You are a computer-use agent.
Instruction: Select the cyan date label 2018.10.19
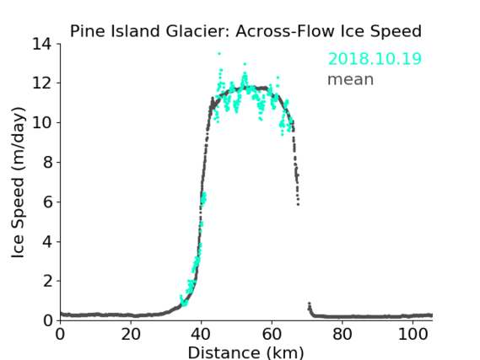[x=375, y=59]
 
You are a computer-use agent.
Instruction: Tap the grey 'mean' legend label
[x=351, y=79]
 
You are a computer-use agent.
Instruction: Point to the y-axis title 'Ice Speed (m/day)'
[x=18, y=182]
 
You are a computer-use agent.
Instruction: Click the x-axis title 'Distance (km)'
[x=245, y=352]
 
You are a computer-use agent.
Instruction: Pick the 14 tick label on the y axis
[x=42, y=44]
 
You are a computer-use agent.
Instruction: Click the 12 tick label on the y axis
[x=42, y=83]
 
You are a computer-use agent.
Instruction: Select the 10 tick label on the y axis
[x=42, y=122]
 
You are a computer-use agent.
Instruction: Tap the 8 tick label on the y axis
[x=47, y=162]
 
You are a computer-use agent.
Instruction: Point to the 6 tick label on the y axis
[x=47, y=201]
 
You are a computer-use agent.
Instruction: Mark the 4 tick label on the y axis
[x=47, y=242]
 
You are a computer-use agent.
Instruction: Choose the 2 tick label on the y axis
[x=47, y=281]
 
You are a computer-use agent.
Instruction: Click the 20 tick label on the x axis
[x=131, y=335]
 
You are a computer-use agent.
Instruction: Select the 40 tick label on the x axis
[x=201, y=335]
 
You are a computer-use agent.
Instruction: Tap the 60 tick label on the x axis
[x=272, y=335]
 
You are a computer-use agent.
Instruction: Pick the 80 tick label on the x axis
[x=342, y=335]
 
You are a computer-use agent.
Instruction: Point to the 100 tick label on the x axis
[x=413, y=335]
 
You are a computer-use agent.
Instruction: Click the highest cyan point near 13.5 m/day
[x=219, y=53]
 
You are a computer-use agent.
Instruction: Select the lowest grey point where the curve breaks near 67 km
[x=298, y=204]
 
